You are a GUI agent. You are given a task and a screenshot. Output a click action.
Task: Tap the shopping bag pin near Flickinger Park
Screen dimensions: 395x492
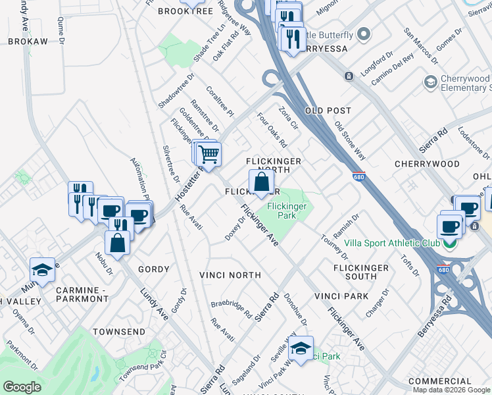point(261,182)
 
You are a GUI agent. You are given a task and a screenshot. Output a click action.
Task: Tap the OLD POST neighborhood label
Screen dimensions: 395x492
point(328,111)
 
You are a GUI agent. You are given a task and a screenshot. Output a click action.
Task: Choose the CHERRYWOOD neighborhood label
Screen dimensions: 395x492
point(427,163)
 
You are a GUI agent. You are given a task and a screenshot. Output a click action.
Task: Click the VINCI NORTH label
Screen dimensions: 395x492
point(231,275)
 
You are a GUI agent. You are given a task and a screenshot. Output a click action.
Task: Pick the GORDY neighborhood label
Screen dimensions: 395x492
point(154,269)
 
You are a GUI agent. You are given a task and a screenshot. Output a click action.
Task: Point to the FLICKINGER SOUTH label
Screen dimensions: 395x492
point(361,273)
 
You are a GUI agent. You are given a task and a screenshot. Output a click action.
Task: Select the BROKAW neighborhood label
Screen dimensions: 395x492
point(28,41)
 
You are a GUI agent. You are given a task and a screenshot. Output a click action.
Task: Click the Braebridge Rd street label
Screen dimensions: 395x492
point(232,309)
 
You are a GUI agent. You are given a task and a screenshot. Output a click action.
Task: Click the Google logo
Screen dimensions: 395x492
point(22,387)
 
